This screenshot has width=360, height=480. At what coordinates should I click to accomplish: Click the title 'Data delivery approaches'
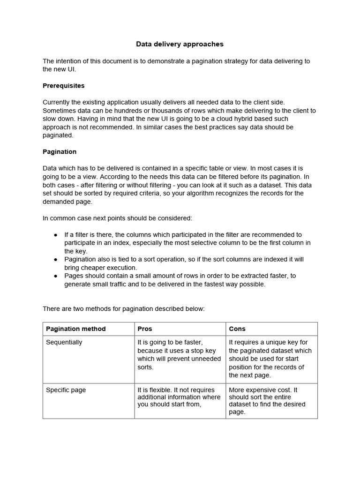[x=180, y=44]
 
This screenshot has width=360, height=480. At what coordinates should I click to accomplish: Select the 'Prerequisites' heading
[x=64, y=86]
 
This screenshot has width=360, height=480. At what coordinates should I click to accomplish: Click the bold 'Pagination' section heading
[x=60, y=152]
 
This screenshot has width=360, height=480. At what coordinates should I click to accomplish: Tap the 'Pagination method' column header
[x=76, y=329]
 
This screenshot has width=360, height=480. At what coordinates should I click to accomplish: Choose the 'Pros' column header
[x=145, y=329]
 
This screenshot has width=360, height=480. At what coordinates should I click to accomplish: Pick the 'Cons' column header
[x=237, y=329]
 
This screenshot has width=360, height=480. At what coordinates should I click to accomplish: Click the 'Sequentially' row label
[x=64, y=342]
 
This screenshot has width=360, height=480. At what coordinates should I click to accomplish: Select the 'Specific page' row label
[x=66, y=390]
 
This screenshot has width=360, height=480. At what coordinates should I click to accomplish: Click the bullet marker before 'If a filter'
[x=56, y=235]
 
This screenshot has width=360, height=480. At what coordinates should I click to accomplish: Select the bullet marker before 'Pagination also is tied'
[x=56, y=259]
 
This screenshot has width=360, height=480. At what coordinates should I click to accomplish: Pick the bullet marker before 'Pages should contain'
[x=56, y=276]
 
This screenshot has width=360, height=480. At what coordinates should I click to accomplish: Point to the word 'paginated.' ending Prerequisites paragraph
[x=58, y=135]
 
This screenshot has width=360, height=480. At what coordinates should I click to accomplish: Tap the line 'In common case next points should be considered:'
[x=117, y=218]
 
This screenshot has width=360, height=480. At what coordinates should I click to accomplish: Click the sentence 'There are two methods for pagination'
[x=124, y=308]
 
